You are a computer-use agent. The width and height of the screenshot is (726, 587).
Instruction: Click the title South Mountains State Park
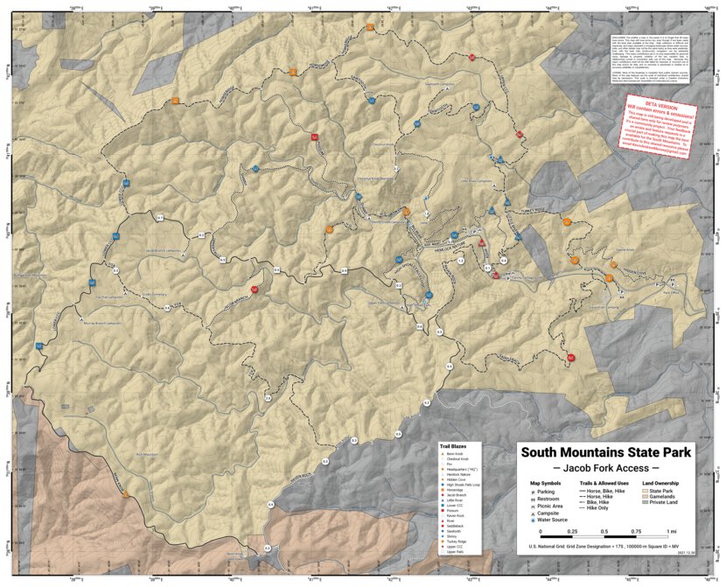[x=606, y=452]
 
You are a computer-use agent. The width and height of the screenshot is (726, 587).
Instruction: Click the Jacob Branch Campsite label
[x=164, y=251]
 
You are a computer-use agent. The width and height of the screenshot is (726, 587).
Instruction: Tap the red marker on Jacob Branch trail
[x=255, y=289]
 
